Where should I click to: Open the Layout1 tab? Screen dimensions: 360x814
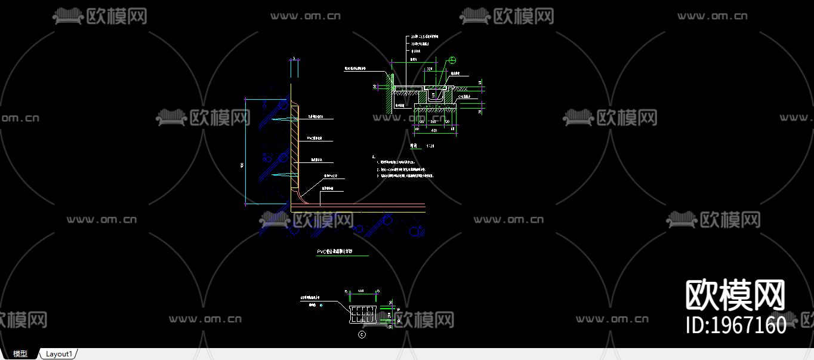(x=59, y=354)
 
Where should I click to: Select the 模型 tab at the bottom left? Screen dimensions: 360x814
(x=20, y=354)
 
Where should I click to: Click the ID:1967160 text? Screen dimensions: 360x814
(x=735, y=325)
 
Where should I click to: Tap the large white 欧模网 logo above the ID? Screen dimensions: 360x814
(x=735, y=296)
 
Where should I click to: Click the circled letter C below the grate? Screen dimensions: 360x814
(x=362, y=335)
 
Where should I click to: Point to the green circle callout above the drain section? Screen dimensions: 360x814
(x=452, y=60)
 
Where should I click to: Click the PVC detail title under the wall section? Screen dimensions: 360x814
(x=334, y=252)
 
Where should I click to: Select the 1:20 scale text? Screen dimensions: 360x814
(x=430, y=146)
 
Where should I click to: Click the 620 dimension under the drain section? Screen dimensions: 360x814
(x=434, y=130)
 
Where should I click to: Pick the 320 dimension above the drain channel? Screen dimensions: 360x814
(x=429, y=70)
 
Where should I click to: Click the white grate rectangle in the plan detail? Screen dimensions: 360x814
(x=362, y=314)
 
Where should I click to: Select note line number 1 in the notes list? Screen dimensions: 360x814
(x=406, y=162)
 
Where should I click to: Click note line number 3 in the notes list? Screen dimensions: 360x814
(x=406, y=176)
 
